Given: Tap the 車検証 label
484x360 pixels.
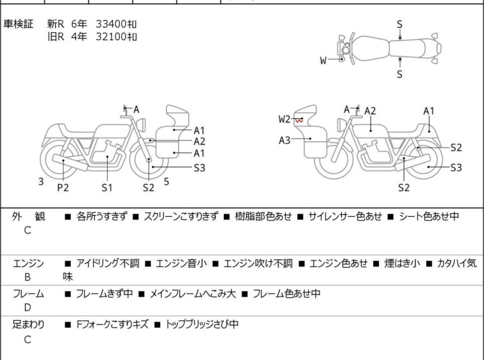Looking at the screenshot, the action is tap(18, 24).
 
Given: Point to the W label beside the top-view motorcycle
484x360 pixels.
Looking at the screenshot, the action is tap(323, 60).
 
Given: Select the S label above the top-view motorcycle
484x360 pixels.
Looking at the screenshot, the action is tap(399, 24).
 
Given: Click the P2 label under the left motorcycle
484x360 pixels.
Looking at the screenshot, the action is tap(63, 187).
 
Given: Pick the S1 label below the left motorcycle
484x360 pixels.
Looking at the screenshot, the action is tap(107, 187).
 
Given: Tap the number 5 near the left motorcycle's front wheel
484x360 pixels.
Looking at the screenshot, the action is tap(167, 182).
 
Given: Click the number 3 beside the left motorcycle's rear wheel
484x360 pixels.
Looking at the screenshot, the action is tap(41, 182).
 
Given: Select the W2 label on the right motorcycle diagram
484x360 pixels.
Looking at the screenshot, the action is tap(284, 119).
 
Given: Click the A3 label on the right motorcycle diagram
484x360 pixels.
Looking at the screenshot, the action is tap(285, 141).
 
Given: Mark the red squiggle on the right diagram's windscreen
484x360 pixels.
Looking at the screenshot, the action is tap(299, 121).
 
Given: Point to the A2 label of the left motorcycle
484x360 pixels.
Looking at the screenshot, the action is tap(199, 142).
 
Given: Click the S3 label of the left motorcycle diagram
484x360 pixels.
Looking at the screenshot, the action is tap(199, 167).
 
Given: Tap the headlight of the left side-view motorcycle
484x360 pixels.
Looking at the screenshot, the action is tap(142, 125).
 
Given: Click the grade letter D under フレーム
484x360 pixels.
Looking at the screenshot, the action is tap(28, 307).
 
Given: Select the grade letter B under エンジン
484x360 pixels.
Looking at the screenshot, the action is tap(28, 277).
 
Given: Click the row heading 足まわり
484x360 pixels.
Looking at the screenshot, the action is tap(28, 325).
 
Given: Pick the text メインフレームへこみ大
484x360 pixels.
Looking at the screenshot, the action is tap(192, 293).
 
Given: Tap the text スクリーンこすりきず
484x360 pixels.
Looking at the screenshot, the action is tap(181, 216).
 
